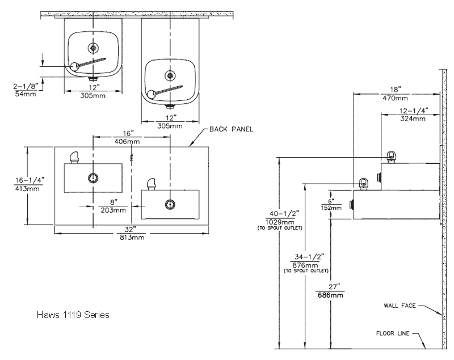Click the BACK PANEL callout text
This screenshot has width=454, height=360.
pos(231,129)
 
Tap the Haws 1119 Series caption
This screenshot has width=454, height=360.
pos(73,315)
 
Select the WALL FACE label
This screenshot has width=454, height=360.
pos(400,306)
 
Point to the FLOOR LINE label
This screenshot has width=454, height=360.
pos(393,333)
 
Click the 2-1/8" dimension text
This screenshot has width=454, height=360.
pos(26,86)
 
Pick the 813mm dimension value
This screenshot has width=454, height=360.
pos(132,238)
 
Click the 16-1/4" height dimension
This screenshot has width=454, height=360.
pos(30,180)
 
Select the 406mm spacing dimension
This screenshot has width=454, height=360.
pos(127,141)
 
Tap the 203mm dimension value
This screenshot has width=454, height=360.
pos(113,210)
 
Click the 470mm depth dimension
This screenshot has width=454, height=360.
pos(395,98)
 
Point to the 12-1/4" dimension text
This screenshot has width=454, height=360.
pos(414,111)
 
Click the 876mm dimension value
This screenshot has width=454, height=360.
pos(305,265)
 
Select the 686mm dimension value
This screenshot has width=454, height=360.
pos(330,295)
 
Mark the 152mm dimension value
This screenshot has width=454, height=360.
pos(331,207)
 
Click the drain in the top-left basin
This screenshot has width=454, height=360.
pos(93,48)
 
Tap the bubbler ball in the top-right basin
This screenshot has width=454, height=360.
pos(151,94)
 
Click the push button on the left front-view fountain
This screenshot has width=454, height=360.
pos(93,178)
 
